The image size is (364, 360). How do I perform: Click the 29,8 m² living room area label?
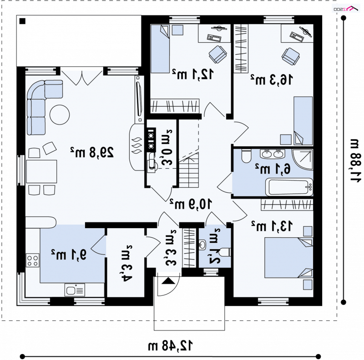pyautogui.click(x=92, y=152)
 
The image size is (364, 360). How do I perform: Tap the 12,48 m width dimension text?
pyautogui.click(x=170, y=345)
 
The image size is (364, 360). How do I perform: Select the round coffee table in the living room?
pyautogui.click(x=60, y=115)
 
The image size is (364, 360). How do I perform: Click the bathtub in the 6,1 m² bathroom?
pyautogui.click(x=289, y=187)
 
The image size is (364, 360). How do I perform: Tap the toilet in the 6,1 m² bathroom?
pyautogui.click(x=246, y=155)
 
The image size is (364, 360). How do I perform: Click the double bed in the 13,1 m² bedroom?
pyautogui.click(x=288, y=257)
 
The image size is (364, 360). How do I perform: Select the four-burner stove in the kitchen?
pyautogui.click(x=32, y=260)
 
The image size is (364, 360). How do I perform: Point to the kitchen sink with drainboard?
pyautogui.click(x=75, y=290)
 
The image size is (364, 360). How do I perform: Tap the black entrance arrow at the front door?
pyautogui.click(x=168, y=281)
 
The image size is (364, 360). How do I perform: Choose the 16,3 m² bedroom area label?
pyautogui.click(x=271, y=80)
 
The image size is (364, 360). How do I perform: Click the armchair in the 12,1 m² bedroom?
pyautogui.click(x=218, y=54)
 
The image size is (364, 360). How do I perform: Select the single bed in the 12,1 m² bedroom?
pyautogui.click(x=160, y=49)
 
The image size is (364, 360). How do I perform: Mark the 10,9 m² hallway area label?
pyautogui.click(x=191, y=204)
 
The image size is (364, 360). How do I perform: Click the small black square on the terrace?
pyautogui.click(x=22, y=21)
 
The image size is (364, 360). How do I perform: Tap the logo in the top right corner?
pyautogui.click(x=346, y=9)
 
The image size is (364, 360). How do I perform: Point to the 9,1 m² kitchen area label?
pyautogui.click(x=69, y=254)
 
